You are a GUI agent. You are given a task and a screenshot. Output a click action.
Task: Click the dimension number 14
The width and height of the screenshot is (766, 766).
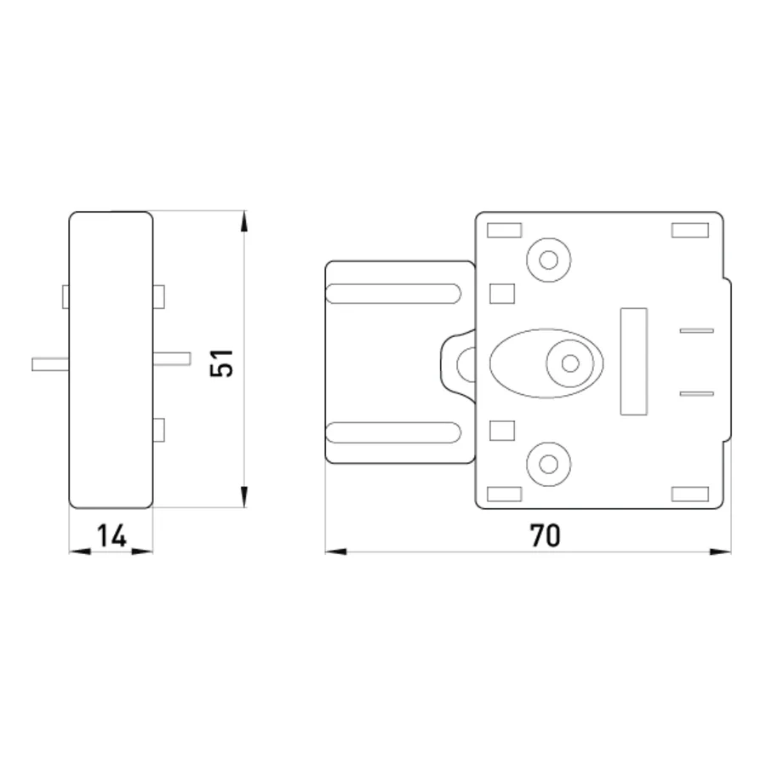111,535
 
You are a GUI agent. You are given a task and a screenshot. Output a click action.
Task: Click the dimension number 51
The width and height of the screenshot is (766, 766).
222,363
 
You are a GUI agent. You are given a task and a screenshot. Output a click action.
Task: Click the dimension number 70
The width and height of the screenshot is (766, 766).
546,535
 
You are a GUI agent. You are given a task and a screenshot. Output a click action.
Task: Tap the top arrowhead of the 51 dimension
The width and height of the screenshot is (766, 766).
244,222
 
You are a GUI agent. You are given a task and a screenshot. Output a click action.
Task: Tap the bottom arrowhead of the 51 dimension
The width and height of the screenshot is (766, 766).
244,497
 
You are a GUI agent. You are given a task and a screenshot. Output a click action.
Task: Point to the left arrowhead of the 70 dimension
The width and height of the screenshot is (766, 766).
336,552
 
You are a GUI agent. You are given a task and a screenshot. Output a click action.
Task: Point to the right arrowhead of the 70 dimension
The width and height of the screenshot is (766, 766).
720,552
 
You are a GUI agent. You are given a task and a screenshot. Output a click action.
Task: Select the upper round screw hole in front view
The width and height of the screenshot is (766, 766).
549,260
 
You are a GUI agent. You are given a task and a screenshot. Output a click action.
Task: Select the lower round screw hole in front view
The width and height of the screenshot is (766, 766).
549,464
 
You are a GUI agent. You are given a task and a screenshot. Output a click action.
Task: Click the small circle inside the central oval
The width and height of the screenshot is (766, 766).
570,363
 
